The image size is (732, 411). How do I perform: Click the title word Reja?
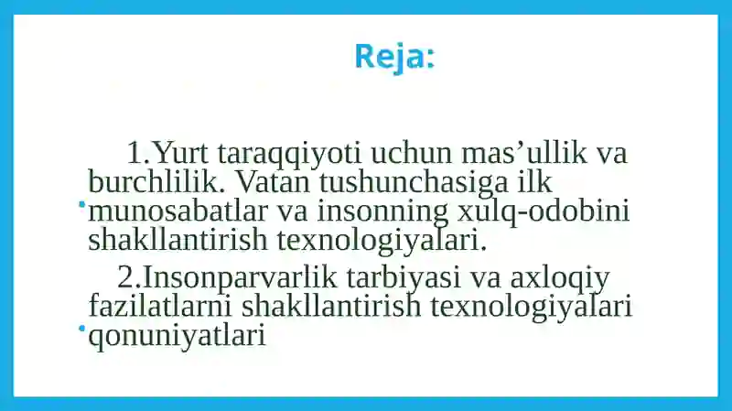394,57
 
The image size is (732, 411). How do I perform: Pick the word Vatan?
273,181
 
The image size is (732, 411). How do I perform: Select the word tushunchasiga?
414,183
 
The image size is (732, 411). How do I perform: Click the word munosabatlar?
178,211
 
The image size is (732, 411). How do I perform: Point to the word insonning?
382,212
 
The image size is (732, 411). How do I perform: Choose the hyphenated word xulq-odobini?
544,211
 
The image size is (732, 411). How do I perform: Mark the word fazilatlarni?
160,305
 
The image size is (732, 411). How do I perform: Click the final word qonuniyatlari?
177,336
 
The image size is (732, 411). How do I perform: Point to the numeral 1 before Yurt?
135,153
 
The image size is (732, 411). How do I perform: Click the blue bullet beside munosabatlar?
82,204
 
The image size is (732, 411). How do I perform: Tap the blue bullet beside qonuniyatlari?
82,329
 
